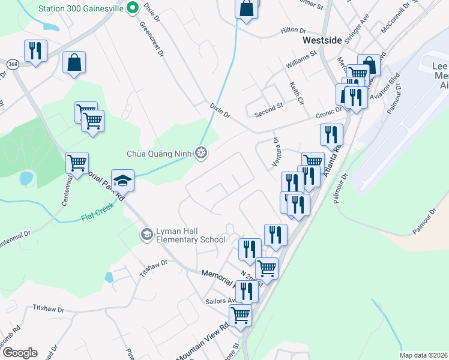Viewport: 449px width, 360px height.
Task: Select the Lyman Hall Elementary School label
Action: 190,235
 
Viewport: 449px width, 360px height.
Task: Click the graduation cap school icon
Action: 122,180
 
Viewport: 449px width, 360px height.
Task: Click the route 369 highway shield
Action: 12,63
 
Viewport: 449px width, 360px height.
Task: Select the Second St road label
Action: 268,109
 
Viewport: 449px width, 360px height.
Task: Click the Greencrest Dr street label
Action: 152,39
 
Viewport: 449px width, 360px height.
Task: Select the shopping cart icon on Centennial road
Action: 77,163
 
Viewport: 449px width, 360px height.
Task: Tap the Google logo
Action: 20,353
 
